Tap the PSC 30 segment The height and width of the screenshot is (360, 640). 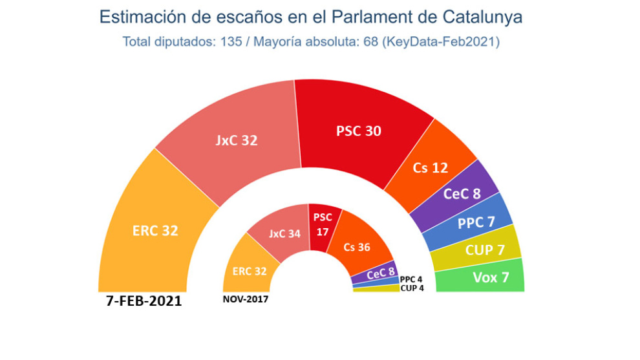click(x=359, y=131)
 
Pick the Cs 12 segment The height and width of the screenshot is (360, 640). click(x=430, y=168)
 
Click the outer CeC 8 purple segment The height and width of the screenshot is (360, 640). click(x=461, y=193)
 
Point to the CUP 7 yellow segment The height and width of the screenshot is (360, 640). click(x=485, y=250)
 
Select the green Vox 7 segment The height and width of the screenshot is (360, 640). click(x=491, y=277)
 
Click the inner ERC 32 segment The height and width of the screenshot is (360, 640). click(x=249, y=271)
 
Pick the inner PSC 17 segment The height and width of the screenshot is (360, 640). click(x=321, y=224)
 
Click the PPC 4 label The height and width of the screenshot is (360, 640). click(x=411, y=279)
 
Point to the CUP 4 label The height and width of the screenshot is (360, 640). click(x=412, y=288)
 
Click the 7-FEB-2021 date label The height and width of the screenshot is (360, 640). click(x=144, y=301)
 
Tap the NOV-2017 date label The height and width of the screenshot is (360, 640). click(x=245, y=299)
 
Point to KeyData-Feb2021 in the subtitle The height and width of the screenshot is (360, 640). click(x=440, y=42)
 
